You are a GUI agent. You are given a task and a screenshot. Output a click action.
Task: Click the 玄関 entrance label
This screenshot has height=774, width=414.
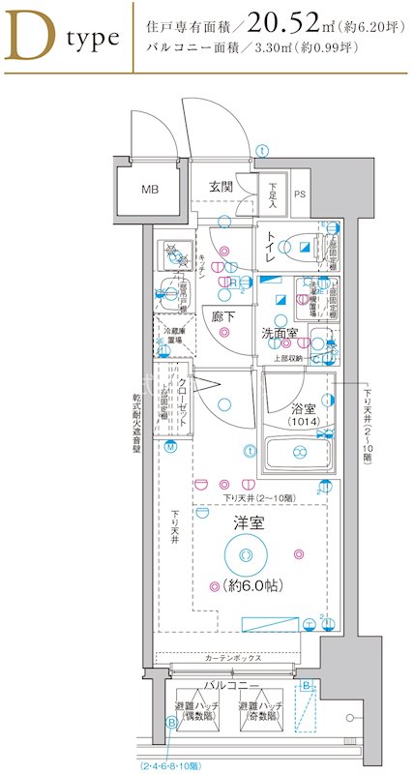pos(220,187)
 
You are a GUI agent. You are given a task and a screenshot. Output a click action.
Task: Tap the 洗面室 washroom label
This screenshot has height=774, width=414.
pos(279,335)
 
